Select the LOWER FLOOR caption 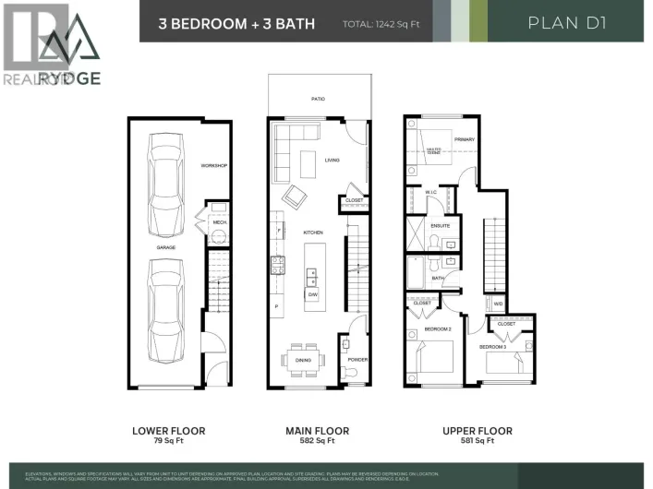click(x=169, y=431)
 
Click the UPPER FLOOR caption click(x=477, y=431)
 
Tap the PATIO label click(x=317, y=99)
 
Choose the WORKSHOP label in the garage click(x=213, y=166)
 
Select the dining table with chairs click(x=301, y=360)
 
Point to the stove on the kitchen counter click(x=276, y=266)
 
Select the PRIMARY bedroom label click(x=464, y=139)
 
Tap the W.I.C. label click(x=431, y=192)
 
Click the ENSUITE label click(x=441, y=224)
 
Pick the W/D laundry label click(x=498, y=304)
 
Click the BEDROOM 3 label click(x=492, y=347)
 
